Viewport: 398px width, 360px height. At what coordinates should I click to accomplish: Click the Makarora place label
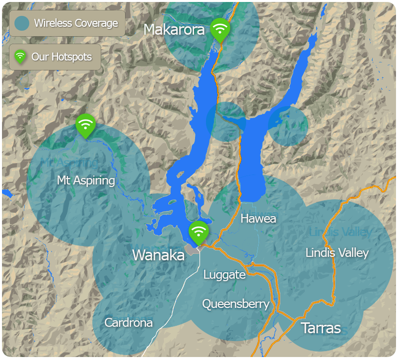[174, 30]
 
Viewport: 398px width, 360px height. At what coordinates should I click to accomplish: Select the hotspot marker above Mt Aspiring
[85, 125]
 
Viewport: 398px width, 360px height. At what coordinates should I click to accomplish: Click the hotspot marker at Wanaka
[199, 232]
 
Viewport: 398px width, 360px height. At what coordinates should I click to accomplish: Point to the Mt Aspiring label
[86, 180]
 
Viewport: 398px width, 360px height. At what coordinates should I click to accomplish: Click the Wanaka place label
[158, 255]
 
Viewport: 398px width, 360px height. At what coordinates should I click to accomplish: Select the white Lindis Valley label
[337, 253]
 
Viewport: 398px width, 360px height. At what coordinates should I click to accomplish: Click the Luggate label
[224, 275]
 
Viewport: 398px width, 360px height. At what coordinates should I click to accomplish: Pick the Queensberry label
[236, 304]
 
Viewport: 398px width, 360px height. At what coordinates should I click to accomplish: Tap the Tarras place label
[321, 328]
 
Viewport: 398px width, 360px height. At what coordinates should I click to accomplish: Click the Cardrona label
[128, 323]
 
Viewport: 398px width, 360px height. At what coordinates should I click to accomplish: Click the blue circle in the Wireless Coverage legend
[22, 23]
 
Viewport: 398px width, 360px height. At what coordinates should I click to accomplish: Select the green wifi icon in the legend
[20, 57]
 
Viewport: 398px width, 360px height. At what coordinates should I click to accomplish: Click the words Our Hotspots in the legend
[62, 57]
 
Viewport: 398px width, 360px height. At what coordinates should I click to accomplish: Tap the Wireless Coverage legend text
[76, 23]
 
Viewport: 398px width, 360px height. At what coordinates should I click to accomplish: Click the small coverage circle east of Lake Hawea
[288, 126]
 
